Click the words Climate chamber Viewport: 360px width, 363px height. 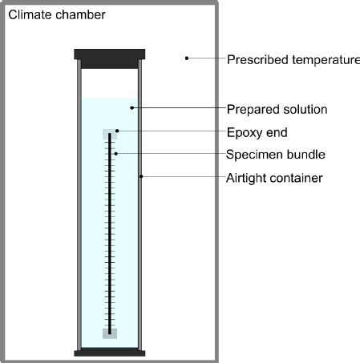coord(57,14)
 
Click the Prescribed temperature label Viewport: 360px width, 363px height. coord(293,60)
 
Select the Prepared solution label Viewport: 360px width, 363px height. coord(277,110)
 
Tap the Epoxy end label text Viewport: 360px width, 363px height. coord(257,133)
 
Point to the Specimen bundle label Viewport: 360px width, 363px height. coord(276,155)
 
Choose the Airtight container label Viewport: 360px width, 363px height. coord(274,178)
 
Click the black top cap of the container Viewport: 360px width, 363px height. coord(110,58)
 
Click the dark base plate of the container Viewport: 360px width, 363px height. coord(110,352)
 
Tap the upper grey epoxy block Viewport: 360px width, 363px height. coord(110,134)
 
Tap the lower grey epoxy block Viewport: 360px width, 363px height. coord(110,333)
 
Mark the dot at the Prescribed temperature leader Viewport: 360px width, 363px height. coord(187,58)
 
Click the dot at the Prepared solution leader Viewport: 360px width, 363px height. coord(131,108)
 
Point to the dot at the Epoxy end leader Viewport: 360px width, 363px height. coord(117,131)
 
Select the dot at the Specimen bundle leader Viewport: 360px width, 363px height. coord(115,154)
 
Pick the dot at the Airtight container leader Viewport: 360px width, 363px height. coord(141,176)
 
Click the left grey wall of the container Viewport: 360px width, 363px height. coord(79,204)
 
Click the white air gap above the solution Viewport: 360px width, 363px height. coord(110,83)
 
